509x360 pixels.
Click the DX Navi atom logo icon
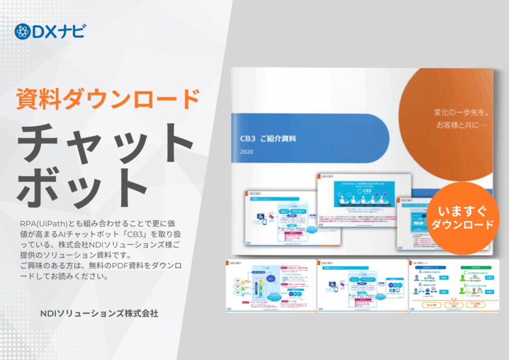[x=23, y=31]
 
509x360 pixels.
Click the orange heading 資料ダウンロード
[x=107, y=99]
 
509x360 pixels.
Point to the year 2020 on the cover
[x=247, y=152]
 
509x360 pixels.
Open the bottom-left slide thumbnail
[x=269, y=285]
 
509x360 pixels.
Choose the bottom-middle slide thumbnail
[x=362, y=285]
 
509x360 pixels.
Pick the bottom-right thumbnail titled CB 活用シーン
[x=454, y=285]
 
